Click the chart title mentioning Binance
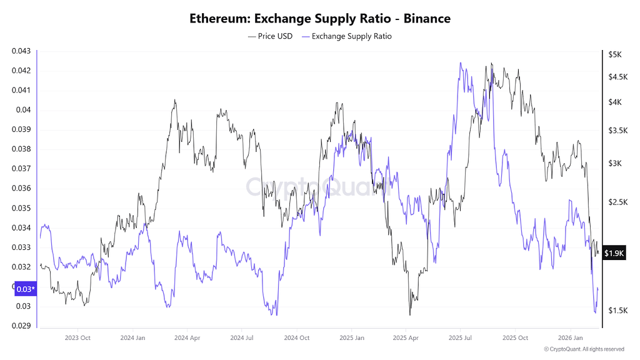[x=319, y=19]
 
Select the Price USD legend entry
[x=271, y=36]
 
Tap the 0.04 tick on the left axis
[x=23, y=110]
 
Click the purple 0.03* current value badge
[x=25, y=289]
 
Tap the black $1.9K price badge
[x=614, y=253]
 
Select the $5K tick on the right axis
[x=615, y=55]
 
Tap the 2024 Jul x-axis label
[x=241, y=337]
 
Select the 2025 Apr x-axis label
[x=405, y=337]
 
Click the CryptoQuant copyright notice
[x=584, y=349]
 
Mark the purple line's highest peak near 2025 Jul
[x=460, y=62]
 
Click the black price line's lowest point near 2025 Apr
[x=410, y=315]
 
